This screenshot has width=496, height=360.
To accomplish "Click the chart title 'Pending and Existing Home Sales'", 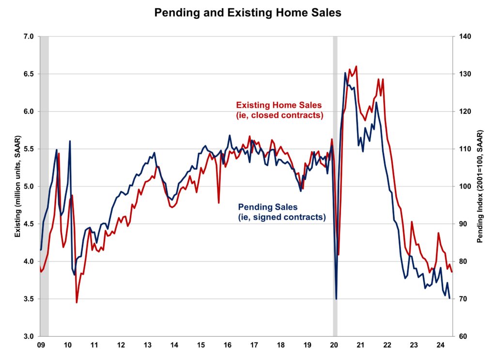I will tap(248, 13).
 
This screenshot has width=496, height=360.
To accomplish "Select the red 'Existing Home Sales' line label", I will tap(279, 110).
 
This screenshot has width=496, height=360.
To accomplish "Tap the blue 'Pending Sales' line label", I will tap(281, 212).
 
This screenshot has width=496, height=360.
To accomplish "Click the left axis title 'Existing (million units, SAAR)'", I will tap(17, 187).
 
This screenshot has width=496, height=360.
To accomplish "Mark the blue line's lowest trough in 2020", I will tap(336, 298).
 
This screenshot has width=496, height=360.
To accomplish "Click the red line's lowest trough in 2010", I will tap(77, 303).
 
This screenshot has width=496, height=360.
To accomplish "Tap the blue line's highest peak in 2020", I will tap(345, 73).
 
